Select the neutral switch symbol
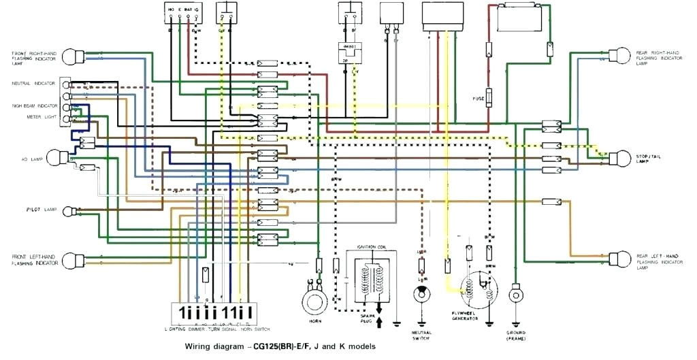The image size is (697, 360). coord(421,293)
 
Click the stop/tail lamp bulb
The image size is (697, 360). coord(620,158)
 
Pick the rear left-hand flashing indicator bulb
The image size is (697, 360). coord(620,259)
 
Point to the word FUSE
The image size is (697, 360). coord(479,99)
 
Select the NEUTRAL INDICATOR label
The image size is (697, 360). coord(34,83)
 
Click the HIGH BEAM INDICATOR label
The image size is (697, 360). coord(34,106)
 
